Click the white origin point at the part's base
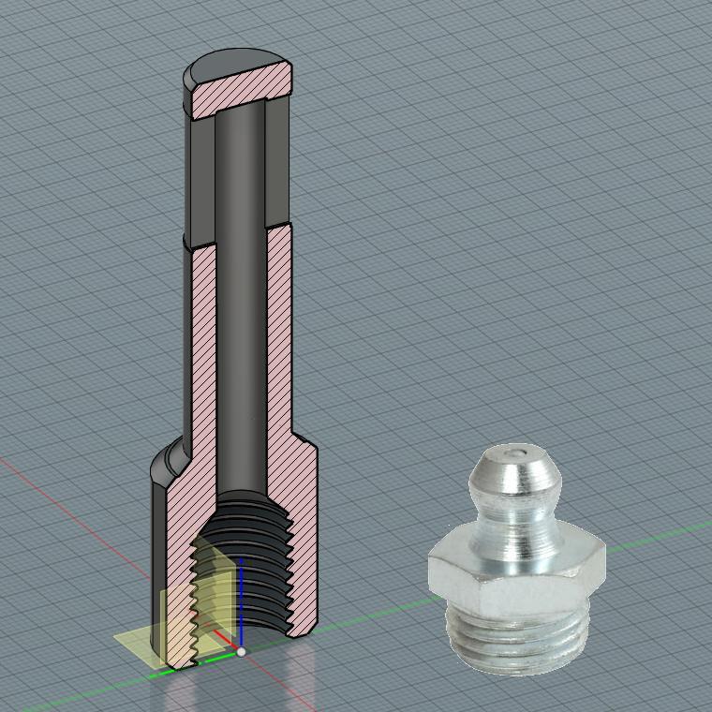[x=241, y=651]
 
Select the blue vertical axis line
[x=242, y=600]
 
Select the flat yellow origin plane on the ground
[x=141, y=646]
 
